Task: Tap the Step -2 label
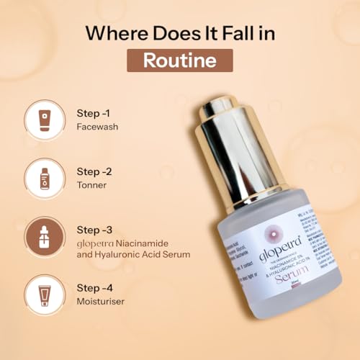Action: [94, 171]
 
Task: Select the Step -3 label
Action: [94, 230]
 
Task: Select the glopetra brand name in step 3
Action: [95, 243]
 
